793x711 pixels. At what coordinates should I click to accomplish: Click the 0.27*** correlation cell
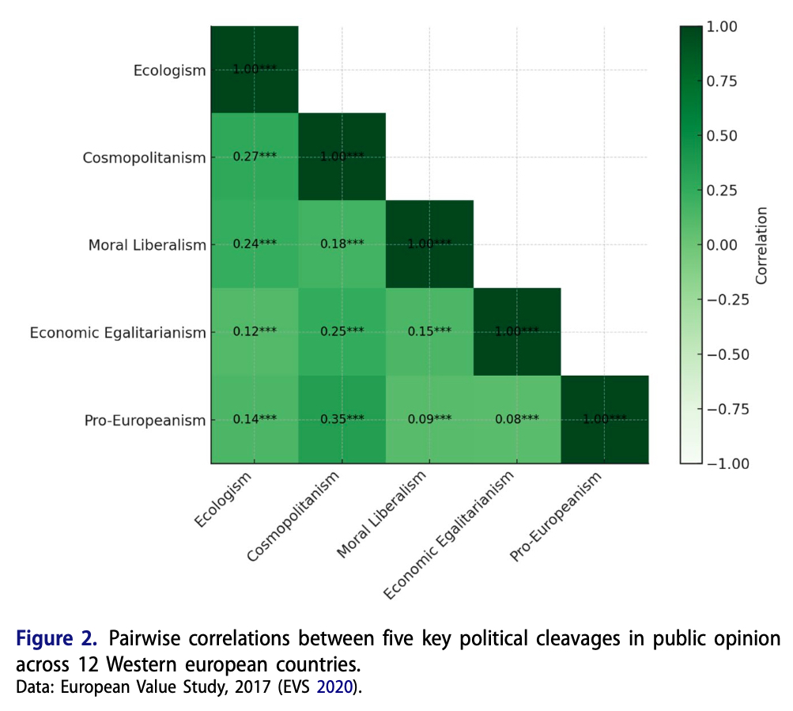click(255, 157)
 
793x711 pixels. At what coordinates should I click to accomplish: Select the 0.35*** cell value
click(342, 419)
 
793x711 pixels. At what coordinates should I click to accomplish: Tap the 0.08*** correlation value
click(517, 419)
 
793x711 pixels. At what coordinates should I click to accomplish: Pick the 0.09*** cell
click(429, 419)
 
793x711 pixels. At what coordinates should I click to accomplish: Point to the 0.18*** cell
click(342, 244)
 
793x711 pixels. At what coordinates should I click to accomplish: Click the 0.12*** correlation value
click(255, 331)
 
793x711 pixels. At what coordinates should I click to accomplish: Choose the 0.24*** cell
click(255, 244)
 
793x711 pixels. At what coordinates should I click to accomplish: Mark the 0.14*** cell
click(255, 419)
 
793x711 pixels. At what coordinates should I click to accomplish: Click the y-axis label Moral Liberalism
click(147, 245)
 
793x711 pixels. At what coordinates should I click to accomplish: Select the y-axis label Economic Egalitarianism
click(118, 333)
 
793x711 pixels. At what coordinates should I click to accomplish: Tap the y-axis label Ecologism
click(169, 70)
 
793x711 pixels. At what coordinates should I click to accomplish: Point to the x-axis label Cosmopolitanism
click(294, 516)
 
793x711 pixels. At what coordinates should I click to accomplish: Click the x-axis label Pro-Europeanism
click(556, 517)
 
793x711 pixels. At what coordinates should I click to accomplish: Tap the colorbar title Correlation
click(761, 244)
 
